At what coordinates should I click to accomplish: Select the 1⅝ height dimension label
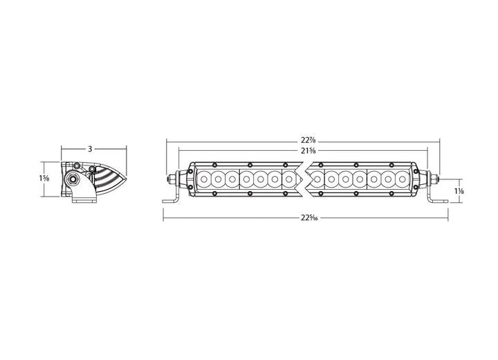[x=45, y=179]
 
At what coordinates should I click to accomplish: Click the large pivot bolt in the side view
[x=71, y=180]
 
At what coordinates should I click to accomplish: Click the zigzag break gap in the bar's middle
[x=304, y=179]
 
